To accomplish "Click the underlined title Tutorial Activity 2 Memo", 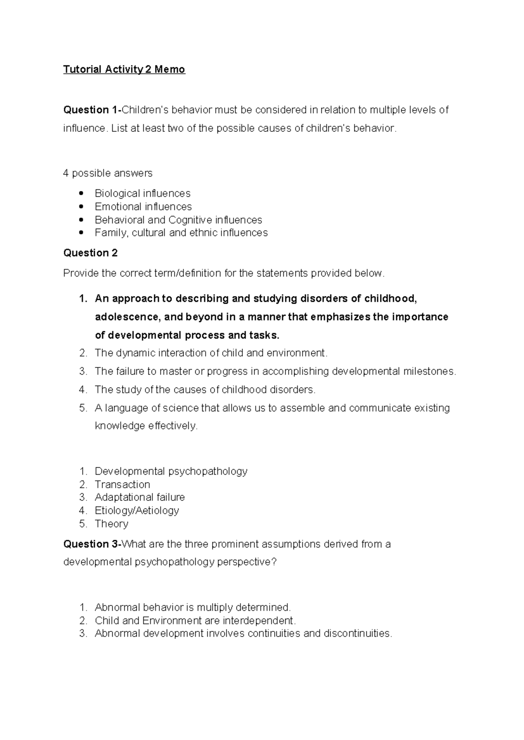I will click(124, 69).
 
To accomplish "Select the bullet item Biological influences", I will click(142, 193).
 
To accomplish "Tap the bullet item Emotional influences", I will click(143, 206).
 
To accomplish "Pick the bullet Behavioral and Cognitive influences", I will click(178, 220).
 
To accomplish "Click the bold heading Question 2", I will click(90, 253).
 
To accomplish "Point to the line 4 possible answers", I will click(107, 173).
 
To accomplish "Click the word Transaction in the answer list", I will click(122, 484).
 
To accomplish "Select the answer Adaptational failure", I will click(140, 497).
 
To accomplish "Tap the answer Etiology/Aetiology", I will click(137, 510).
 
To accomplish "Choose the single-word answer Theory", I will click(111, 524).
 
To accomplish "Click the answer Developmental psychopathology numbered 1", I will click(171, 471).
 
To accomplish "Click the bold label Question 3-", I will click(92, 544).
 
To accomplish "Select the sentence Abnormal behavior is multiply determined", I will click(193, 607).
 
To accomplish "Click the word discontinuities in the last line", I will click(358, 634).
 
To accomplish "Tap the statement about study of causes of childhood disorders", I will click(205, 390).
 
